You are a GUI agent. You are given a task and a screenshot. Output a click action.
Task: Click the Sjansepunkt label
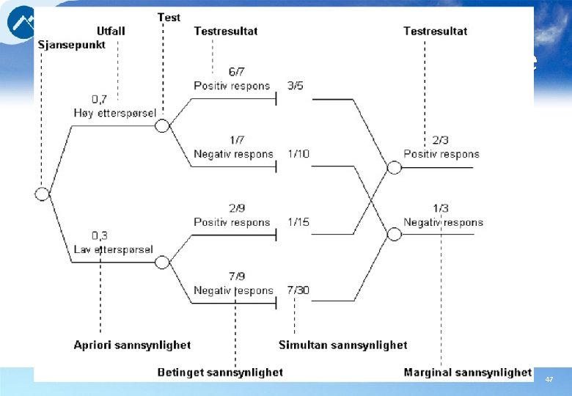tap(72, 44)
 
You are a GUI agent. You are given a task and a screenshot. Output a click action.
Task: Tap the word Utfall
tap(111, 31)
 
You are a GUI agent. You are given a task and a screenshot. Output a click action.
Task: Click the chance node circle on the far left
tap(43, 194)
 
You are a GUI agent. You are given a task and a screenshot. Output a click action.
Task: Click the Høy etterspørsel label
tap(113, 112)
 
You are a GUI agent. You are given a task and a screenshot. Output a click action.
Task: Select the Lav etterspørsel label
tap(113, 249)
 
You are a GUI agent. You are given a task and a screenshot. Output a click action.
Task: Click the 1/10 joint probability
tap(298, 154)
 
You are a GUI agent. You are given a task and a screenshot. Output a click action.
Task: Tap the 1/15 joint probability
tap(298, 222)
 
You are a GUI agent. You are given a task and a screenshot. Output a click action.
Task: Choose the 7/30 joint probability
tap(298, 290)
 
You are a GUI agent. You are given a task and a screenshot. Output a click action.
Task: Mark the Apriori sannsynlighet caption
tap(132, 345)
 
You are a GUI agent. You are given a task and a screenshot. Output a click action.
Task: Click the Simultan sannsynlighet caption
tap(342, 345)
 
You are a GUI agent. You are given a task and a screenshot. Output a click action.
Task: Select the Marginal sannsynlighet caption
tap(467, 373)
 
